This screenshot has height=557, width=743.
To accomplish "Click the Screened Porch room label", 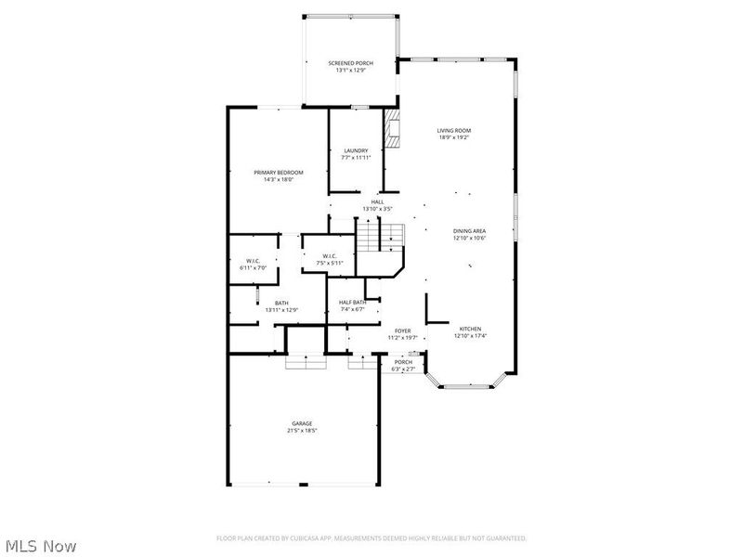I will pyautogui.click(x=350, y=63).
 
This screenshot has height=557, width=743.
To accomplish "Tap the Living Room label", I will pyautogui.click(x=454, y=131).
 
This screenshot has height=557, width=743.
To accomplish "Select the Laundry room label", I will pyautogui.click(x=356, y=150).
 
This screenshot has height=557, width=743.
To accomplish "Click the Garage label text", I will pyautogui.click(x=303, y=423).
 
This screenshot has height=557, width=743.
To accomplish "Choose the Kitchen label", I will pyautogui.click(x=469, y=330).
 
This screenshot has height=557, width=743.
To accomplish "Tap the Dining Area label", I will pyautogui.click(x=469, y=231).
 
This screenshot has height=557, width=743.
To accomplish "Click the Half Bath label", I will pyautogui.click(x=352, y=303).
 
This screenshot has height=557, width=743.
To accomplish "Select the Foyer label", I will pyautogui.click(x=402, y=330).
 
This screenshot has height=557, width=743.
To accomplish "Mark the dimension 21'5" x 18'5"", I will pyautogui.click(x=303, y=431).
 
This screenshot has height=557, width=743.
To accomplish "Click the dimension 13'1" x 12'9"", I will pyautogui.click(x=350, y=71).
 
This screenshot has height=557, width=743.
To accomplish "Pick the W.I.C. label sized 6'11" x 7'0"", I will pyautogui.click(x=252, y=261).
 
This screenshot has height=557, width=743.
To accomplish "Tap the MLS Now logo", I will pyautogui.click(x=41, y=546).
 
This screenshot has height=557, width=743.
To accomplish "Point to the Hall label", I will pyautogui.click(x=377, y=201).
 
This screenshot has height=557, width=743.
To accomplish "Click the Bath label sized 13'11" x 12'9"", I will pyautogui.click(x=281, y=303).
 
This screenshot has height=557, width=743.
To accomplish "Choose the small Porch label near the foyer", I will pyautogui.click(x=403, y=362).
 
